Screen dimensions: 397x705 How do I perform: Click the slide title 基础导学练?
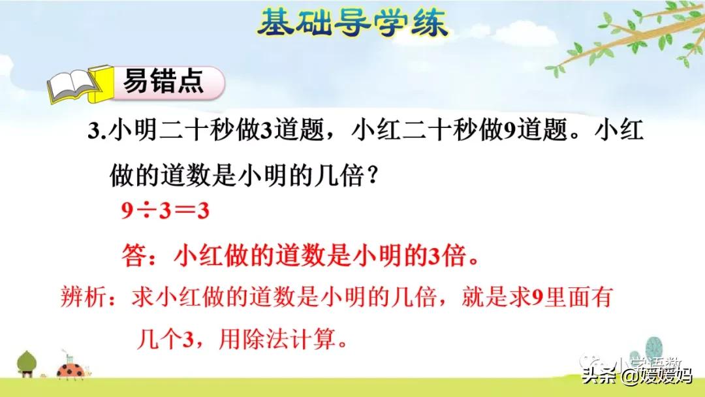tap(352, 22)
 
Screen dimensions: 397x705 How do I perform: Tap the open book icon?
tap(74, 84)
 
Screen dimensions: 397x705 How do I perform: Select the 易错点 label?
tap(163, 83)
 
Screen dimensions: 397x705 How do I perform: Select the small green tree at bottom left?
tap(27, 362)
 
